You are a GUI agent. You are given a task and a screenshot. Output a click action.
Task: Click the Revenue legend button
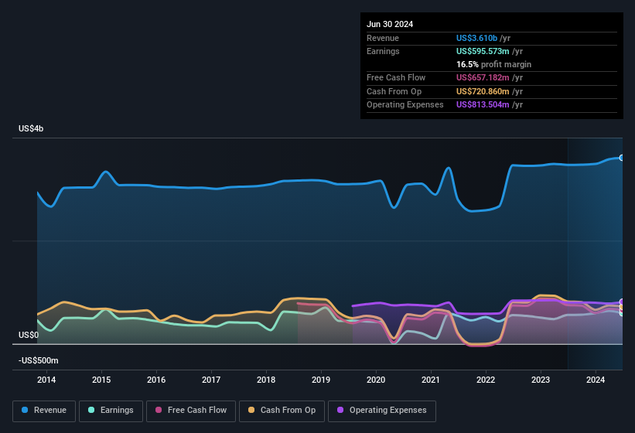pos(44,410)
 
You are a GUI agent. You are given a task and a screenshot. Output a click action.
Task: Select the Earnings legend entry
pos(111,410)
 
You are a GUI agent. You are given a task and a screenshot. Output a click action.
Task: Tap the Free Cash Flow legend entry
pos(191,410)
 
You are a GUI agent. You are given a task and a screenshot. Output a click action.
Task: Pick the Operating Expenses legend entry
pos(382,410)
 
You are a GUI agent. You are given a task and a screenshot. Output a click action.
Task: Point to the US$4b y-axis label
pos(32,128)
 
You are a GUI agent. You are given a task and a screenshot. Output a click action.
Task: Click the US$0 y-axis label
pos(28,335)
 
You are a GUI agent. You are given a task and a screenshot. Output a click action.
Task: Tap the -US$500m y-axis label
pos(37,360)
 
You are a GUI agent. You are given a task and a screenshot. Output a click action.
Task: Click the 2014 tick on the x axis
pos(46,380)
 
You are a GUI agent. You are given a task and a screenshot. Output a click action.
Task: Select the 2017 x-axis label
pos(211,380)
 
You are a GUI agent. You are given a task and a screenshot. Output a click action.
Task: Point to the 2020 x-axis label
pos(376,380)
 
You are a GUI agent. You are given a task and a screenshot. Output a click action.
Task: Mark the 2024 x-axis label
pos(596,380)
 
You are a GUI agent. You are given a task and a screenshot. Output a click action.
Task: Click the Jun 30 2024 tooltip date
pos(390,24)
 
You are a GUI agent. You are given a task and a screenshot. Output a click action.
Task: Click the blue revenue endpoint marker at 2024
pos(622,157)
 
